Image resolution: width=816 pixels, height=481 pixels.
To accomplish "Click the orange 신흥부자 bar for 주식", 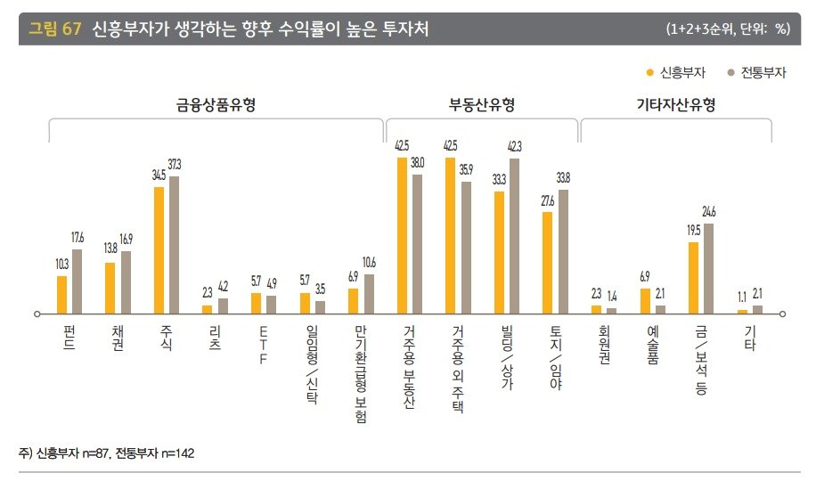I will pos(159,249).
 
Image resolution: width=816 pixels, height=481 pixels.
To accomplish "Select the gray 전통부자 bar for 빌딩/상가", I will pos(514,236).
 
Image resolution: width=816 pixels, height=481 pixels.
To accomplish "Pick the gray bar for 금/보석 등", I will pos(709,268).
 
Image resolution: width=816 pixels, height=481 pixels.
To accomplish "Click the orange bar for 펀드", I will pos(61,295).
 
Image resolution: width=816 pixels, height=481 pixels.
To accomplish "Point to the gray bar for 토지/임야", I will pos(562,251).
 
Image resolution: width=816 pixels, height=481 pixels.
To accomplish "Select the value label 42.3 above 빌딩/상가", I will pos(515,146).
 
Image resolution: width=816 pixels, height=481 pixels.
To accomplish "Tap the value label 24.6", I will pos(709,211).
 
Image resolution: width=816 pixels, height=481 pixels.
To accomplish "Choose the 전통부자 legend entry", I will pos(756,73).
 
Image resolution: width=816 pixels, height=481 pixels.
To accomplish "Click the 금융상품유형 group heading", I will pos(216,105).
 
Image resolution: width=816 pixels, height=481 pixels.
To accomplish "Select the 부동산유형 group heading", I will pos(482,105).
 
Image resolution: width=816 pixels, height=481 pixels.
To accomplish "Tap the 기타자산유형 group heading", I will pos(676,105).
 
